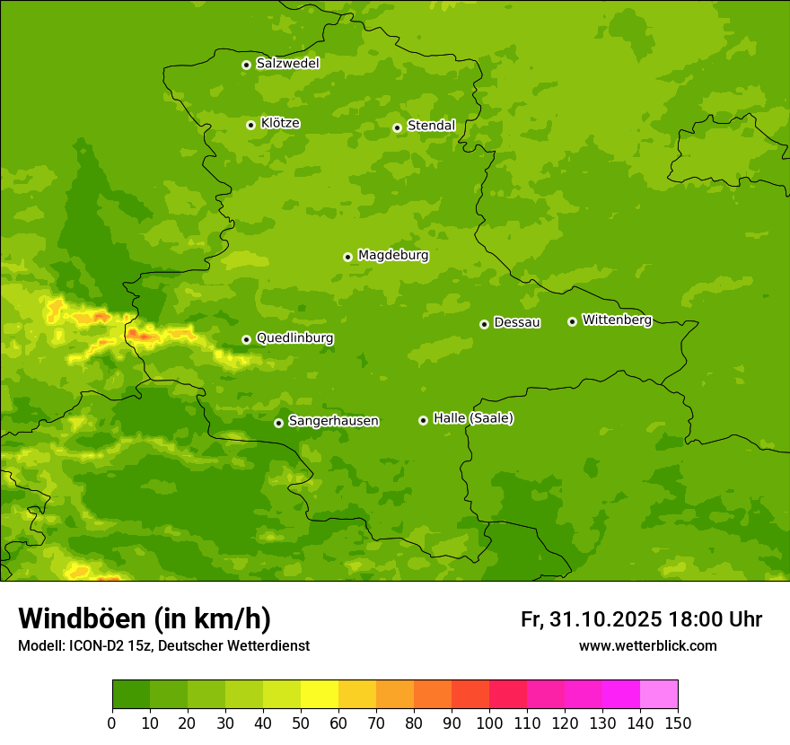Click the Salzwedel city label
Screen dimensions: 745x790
coord(287,64)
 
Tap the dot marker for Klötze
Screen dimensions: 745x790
coord(250,125)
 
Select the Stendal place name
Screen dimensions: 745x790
coord(431,126)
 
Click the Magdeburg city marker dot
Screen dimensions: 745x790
coord(348,257)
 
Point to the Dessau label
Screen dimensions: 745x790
coord(517,322)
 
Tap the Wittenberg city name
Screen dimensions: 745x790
coord(617,320)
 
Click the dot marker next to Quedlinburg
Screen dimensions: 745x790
coord(246,339)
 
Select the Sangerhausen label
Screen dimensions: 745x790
coord(333,421)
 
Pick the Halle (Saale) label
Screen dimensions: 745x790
coord(473,418)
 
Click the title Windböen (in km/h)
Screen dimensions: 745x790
coord(145,618)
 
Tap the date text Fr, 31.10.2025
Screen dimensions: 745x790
coord(591,619)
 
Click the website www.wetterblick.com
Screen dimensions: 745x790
coord(647,646)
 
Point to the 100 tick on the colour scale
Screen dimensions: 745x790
coord(489,723)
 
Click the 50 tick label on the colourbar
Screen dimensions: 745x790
coord(301,723)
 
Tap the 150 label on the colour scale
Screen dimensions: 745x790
coord(678,723)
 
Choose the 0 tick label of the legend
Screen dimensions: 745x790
coord(112,723)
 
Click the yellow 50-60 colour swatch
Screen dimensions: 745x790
coord(320,695)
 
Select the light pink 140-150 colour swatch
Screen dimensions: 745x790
coord(659,695)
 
